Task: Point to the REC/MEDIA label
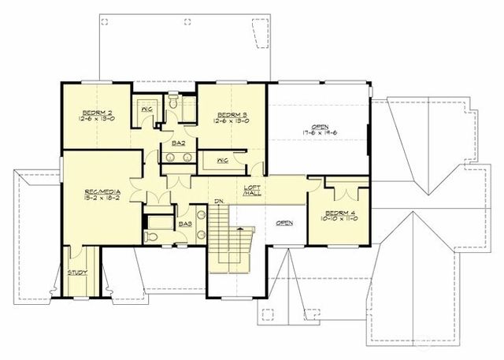point(101,191)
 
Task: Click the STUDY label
point(76,273)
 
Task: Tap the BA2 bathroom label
point(178,143)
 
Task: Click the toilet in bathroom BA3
point(154,235)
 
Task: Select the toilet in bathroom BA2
point(172,105)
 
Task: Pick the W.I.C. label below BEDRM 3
point(222,161)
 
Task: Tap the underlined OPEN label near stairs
point(283,223)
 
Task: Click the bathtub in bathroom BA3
point(161,221)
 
